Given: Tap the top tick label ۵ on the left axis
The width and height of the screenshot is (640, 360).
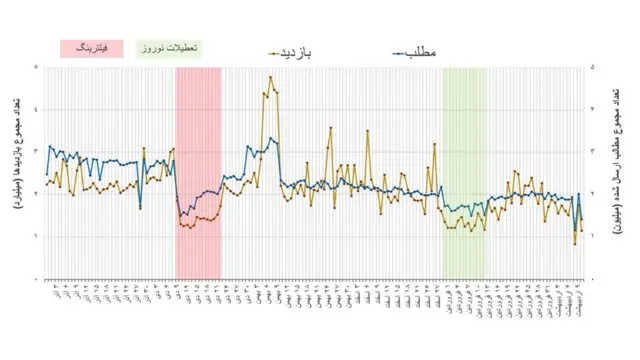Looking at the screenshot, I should [37, 68].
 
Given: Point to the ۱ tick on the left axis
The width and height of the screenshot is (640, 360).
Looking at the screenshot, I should [37, 236].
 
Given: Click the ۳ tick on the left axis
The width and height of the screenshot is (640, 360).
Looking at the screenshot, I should [37, 152].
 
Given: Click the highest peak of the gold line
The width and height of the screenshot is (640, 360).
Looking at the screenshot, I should [270, 77].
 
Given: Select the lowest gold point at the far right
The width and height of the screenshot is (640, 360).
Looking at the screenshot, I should [575, 243].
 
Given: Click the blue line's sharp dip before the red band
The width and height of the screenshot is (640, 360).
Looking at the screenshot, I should [140, 207].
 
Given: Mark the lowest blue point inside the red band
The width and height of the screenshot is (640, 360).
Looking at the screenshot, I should [181, 216].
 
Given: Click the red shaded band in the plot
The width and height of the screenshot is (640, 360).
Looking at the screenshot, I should [198, 120].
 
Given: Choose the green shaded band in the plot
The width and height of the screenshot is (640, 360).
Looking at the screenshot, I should [464, 120].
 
